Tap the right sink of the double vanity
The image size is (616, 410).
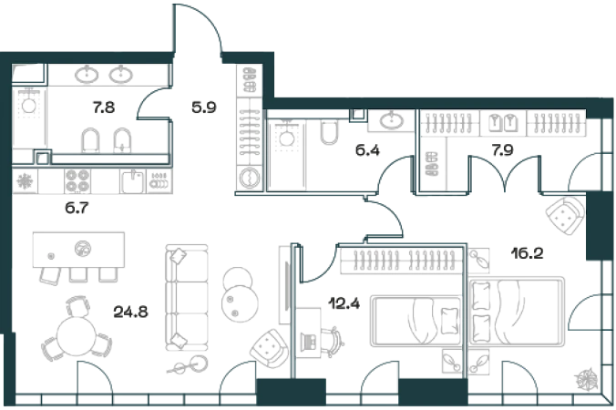point(123,74)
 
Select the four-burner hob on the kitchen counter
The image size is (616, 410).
point(76,180)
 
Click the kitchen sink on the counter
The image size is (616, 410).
point(134,181)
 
